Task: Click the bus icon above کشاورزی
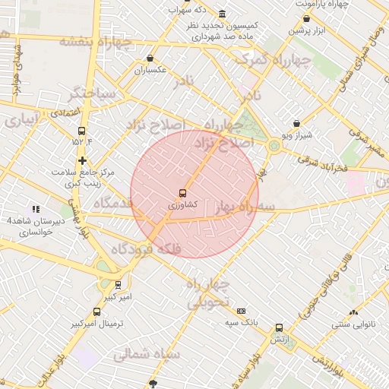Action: pyautogui.click(x=182, y=193)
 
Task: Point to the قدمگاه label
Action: pyautogui.click(x=111, y=204)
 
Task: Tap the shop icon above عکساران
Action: pyautogui.click(x=150, y=59)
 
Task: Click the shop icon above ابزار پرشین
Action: pyautogui.click(x=306, y=19)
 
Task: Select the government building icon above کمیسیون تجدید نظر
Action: pyautogui.click(x=221, y=14)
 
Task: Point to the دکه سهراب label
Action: pyautogui.click(x=211, y=8)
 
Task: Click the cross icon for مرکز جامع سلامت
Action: pyautogui.click(x=82, y=160)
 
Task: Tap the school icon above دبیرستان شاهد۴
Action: pyautogui.click(x=35, y=209)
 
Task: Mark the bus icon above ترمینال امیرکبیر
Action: pyautogui.click(x=96, y=312)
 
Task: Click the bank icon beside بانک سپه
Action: pyautogui.click(x=242, y=311)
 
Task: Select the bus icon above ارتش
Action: pyautogui.click(x=279, y=327)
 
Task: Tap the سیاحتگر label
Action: pyautogui.click(x=91, y=95)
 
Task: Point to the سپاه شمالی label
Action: pyautogui.click(x=147, y=353)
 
